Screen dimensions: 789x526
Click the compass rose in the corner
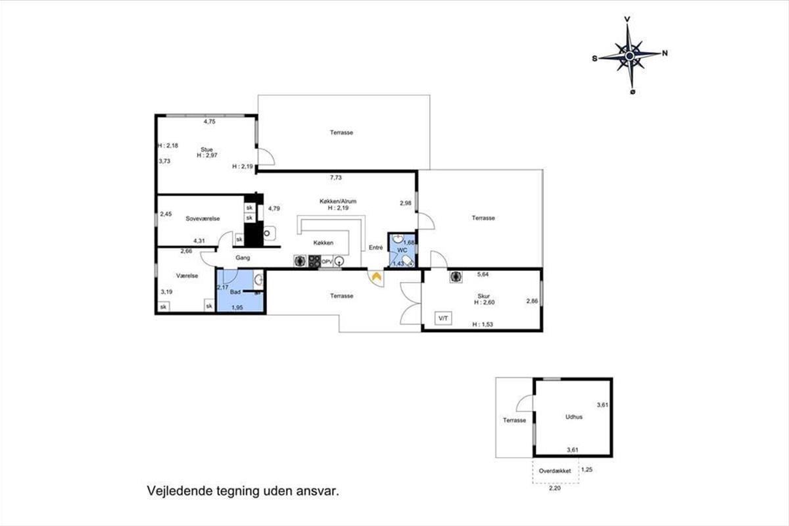[x=630, y=56]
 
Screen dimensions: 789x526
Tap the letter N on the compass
[x=665, y=53]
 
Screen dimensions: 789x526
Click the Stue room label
[x=206, y=149]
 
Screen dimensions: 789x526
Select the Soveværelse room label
[x=203, y=218]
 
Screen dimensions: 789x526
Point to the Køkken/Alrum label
[x=338, y=201]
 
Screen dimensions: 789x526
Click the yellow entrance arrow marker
[x=377, y=277]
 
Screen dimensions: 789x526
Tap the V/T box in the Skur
[x=443, y=318]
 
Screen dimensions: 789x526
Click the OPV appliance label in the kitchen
[x=327, y=262]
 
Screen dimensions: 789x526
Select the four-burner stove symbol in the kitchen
[x=314, y=261]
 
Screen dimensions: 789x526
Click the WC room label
[x=402, y=250]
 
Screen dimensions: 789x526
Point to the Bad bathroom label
[x=235, y=292]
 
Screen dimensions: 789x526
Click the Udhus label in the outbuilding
[x=574, y=417]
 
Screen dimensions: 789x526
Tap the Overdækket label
[x=555, y=471]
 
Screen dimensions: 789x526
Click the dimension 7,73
[x=336, y=178]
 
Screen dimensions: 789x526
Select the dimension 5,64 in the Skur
[x=483, y=274]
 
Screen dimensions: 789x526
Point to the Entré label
[x=376, y=247]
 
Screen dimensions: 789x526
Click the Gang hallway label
[x=243, y=258]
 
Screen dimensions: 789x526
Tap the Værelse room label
[x=187, y=275]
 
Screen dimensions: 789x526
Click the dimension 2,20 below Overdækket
[x=555, y=488]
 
